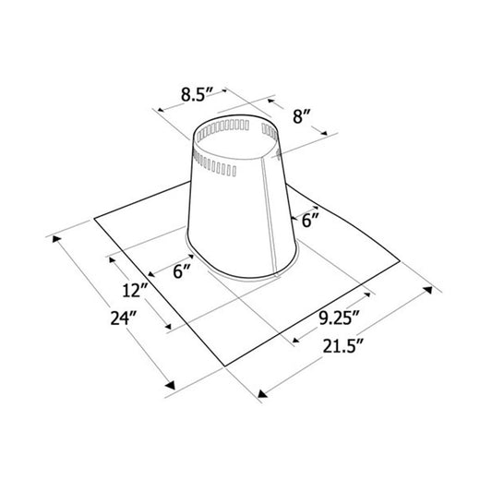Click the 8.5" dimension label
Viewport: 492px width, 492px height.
[198, 92]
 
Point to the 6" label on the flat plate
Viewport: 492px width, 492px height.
[183, 273]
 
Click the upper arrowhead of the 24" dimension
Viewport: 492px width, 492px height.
[60, 241]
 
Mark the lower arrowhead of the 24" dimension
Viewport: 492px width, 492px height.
[170, 385]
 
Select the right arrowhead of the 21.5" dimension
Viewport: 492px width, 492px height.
[429, 290]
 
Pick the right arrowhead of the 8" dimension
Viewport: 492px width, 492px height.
[325, 135]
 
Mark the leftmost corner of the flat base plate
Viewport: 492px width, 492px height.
[95, 219]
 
